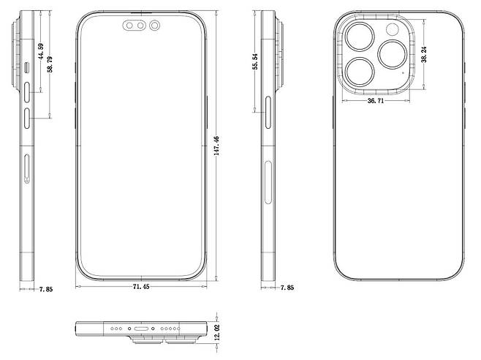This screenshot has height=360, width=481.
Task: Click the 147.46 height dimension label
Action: (x=217, y=149)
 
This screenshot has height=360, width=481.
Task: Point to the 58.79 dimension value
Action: (x=50, y=63)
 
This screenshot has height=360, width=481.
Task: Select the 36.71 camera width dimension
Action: (x=376, y=101)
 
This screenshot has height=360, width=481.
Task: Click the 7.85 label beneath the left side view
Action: (x=47, y=288)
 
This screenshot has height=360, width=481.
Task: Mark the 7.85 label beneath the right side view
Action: (x=287, y=288)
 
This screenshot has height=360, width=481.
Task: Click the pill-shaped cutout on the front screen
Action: (x=132, y=26)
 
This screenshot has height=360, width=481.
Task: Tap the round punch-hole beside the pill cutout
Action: (x=154, y=26)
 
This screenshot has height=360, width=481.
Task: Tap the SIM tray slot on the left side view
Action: (x=28, y=170)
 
